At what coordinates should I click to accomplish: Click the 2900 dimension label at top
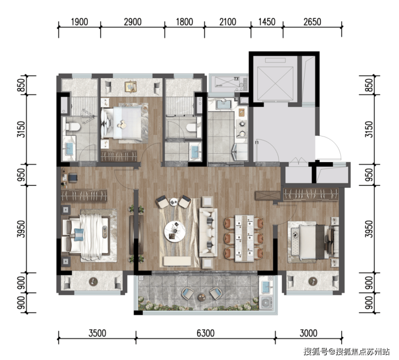[133, 22]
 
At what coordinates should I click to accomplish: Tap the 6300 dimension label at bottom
[205, 333]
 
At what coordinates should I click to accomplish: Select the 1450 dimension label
[267, 22]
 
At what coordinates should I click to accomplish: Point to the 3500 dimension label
[97, 333]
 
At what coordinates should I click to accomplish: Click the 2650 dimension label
[312, 22]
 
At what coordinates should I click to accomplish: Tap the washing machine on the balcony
[266, 302]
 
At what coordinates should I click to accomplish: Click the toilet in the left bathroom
[73, 127]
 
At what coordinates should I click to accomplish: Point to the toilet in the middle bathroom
[191, 127]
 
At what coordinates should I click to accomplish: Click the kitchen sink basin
[224, 104]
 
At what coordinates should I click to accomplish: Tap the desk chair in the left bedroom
[73, 178]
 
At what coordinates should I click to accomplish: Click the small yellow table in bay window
[130, 86]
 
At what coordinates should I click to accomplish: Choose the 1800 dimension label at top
[184, 22]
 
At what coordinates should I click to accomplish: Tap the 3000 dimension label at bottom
[308, 333]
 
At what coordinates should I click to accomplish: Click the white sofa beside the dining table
[208, 233]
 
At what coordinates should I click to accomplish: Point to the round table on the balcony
[202, 297]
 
